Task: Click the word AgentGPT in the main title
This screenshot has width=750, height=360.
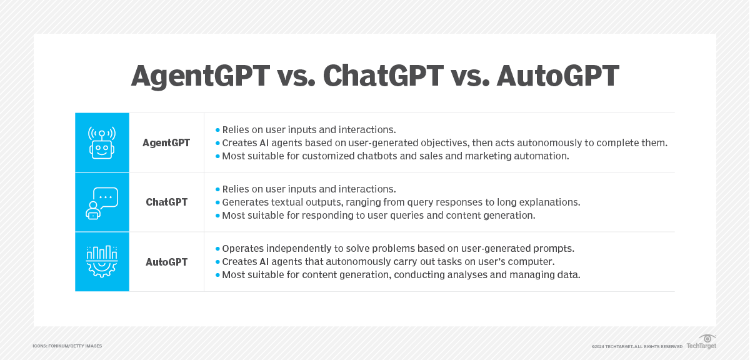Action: coord(201,76)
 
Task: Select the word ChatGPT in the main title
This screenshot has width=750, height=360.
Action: coord(383,76)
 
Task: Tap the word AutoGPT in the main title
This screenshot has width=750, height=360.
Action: coord(557,76)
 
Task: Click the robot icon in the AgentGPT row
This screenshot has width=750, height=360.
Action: coord(102,142)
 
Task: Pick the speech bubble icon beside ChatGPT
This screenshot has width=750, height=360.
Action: coord(102,203)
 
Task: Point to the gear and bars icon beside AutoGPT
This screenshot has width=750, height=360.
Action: coord(102,261)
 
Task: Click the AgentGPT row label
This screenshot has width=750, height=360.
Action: coord(166,143)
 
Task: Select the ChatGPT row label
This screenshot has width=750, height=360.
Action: coord(166,202)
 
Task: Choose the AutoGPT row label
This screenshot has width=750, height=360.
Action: coord(166,262)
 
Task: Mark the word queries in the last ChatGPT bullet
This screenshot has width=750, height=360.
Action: coord(405,216)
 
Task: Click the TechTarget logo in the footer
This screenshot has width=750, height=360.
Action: coord(701,342)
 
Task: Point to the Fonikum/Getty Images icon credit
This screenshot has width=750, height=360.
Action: coord(67,346)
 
